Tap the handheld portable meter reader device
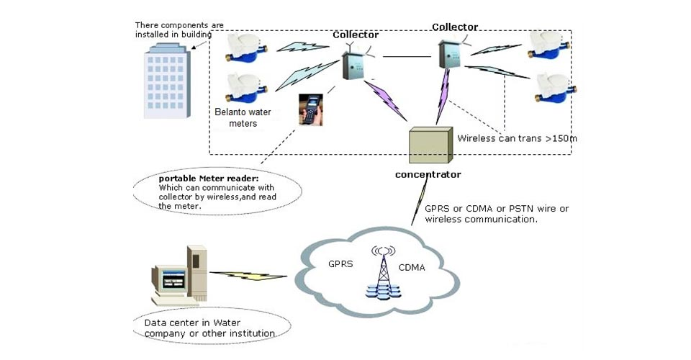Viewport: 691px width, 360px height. point(310,109)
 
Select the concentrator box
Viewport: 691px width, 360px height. point(430,147)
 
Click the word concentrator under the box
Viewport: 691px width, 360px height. point(428,174)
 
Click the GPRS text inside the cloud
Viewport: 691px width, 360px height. point(340,264)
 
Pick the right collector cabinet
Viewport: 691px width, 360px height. point(451,53)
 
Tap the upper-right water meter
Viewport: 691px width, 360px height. point(549,45)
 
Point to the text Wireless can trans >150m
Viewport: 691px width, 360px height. point(512,135)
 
